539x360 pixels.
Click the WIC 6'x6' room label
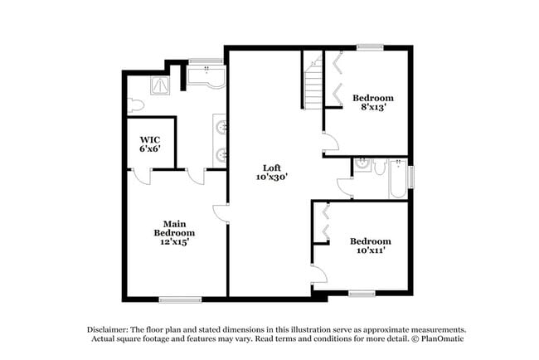click(x=149, y=144)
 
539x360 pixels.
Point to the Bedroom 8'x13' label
click(x=372, y=103)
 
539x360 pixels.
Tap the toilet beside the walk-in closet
click(x=136, y=105)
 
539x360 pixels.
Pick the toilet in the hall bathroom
click(x=378, y=168)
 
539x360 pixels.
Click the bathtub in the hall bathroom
click(x=398, y=178)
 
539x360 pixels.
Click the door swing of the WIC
click(x=142, y=177)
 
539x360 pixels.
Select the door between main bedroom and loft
click(x=221, y=212)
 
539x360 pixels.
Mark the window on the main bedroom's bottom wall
click(x=180, y=299)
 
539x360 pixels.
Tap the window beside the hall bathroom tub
click(x=410, y=178)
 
